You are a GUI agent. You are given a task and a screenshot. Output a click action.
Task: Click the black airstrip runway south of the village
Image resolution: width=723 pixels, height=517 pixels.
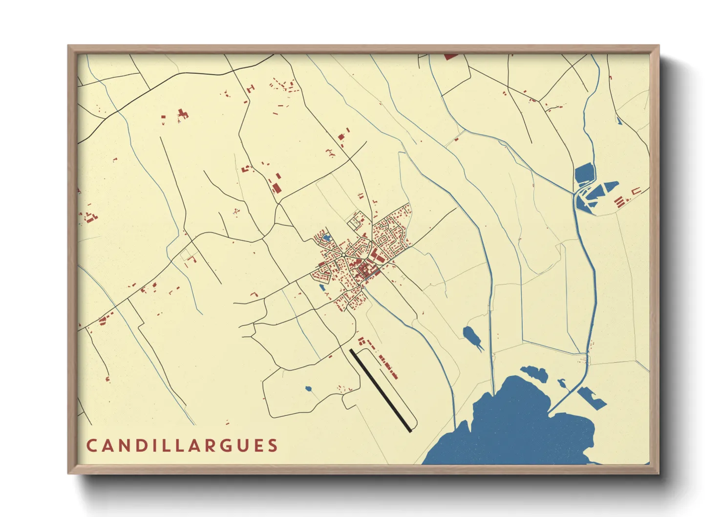pyautogui.click(x=381, y=390)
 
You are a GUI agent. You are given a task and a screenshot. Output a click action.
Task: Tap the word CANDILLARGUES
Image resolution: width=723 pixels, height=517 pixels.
pyautogui.click(x=182, y=446)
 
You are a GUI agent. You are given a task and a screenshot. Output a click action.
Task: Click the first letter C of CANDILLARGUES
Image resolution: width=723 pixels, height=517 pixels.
pyautogui.click(x=91, y=446)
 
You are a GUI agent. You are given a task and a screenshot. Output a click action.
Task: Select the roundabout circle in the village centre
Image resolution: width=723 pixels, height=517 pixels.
pyautogui.click(x=343, y=256)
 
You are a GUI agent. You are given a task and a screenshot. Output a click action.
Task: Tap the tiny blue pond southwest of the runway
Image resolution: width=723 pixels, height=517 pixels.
pyautogui.click(x=308, y=389)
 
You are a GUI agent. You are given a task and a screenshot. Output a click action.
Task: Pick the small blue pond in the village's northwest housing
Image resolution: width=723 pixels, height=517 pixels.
pyautogui.click(x=326, y=238)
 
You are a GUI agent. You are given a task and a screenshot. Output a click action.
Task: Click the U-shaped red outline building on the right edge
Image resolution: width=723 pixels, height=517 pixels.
pyautogui.click(x=636, y=192)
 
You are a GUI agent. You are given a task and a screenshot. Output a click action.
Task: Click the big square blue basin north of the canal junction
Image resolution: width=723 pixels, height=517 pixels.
pyautogui.click(x=584, y=173)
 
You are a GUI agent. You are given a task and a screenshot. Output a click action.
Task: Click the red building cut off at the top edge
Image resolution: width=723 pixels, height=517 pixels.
pyautogui.click(x=450, y=57)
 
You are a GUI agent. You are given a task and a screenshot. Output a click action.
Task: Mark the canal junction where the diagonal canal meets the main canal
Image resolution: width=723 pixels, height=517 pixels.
pyautogui.click(x=574, y=193)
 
